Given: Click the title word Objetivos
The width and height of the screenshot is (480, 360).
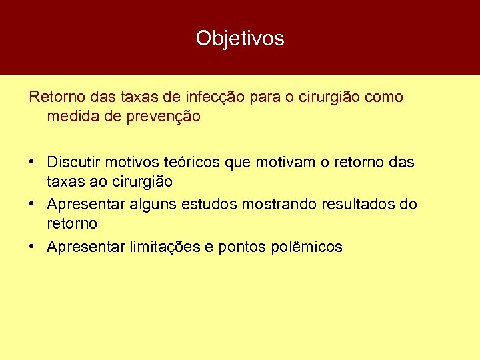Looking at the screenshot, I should coord(240,38).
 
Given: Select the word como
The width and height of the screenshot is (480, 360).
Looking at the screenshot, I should coord(383,97).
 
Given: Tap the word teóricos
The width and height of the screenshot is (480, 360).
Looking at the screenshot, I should coord(192,162).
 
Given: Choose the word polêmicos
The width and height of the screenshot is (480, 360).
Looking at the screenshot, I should coord(307,247).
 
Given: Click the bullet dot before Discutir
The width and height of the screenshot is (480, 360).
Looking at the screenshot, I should coord(32,163).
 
